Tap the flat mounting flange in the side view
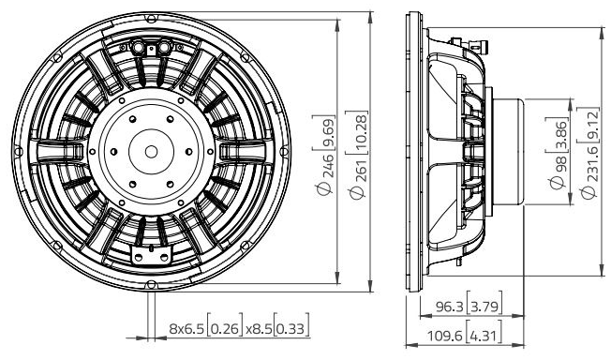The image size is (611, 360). (x=414, y=150)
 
